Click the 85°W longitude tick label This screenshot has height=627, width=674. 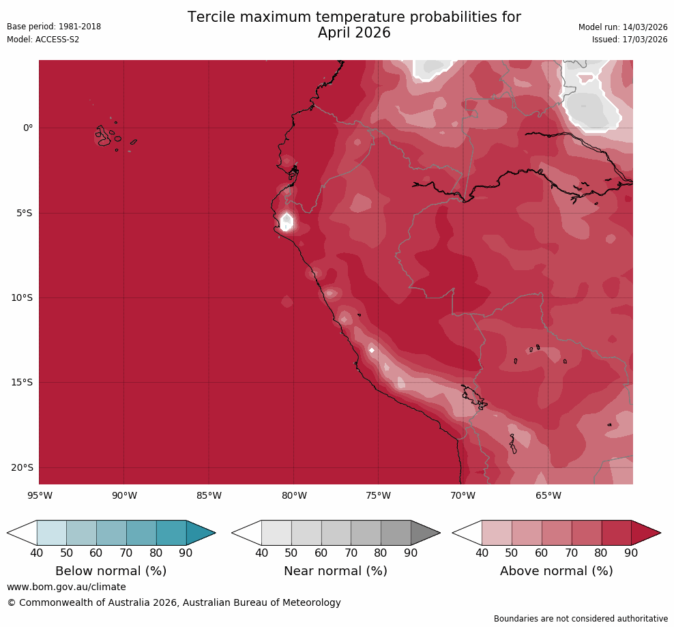click(x=209, y=496)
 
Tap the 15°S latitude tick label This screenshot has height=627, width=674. click(x=22, y=383)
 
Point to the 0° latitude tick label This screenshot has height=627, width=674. click(x=28, y=128)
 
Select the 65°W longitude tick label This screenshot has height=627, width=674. click(x=548, y=496)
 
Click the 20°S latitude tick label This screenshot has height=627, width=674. click(x=22, y=468)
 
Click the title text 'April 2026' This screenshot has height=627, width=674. click(x=354, y=33)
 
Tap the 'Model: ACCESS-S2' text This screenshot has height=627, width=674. click(x=43, y=40)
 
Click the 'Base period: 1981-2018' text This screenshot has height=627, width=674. click(x=54, y=27)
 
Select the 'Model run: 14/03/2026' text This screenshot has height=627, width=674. click(x=623, y=27)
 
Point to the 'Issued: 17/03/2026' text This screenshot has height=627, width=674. click(x=630, y=40)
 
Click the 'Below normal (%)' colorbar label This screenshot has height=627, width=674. click(x=111, y=571)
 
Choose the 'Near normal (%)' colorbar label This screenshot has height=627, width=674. click(x=336, y=571)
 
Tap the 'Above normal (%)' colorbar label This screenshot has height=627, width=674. click(x=557, y=571)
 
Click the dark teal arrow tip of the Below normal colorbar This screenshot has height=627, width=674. click(x=201, y=533)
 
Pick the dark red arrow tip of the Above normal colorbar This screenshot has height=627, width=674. click(x=646, y=533)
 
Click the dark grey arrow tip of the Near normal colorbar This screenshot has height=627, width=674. click(x=425, y=533)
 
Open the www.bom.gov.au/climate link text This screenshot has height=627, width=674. click(x=66, y=587)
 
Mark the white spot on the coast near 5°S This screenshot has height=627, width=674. click(x=287, y=222)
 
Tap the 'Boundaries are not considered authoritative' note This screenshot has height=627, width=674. click(x=581, y=619)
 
